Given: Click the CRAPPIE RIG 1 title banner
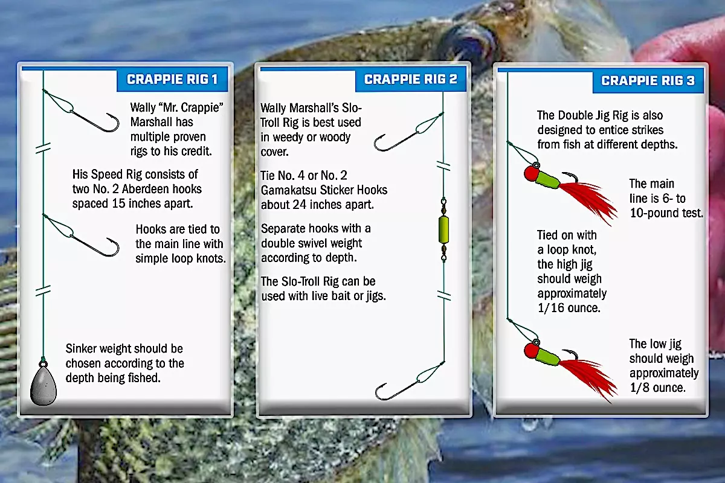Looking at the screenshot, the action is click(172, 80).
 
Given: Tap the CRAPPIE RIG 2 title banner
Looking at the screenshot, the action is click(411, 79).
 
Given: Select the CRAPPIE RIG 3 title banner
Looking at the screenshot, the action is click(648, 81).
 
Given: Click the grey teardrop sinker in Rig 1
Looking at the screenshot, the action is click(43, 383).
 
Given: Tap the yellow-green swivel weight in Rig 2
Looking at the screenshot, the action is click(443, 229).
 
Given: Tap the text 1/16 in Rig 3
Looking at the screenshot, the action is click(550, 308).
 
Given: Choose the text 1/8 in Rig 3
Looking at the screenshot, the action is click(639, 388).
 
